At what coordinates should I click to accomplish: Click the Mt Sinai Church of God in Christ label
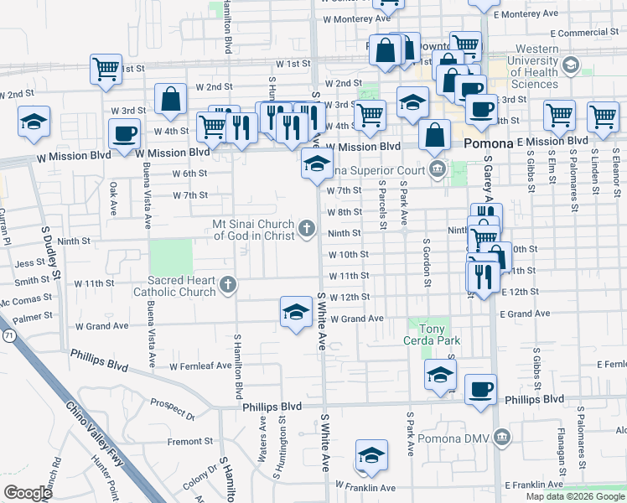point(252,229)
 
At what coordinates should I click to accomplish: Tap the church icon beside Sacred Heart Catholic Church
point(226,287)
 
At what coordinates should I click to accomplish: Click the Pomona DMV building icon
point(501,437)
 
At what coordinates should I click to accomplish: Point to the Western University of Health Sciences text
point(525,67)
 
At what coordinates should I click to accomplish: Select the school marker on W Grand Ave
point(295,313)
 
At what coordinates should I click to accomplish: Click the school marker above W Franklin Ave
point(370,456)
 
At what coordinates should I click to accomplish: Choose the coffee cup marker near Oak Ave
point(124,134)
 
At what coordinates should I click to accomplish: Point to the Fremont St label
point(184,442)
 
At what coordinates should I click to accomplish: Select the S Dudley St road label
point(50,252)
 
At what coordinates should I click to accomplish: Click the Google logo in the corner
point(28,493)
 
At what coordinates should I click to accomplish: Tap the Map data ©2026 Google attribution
point(575,496)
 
